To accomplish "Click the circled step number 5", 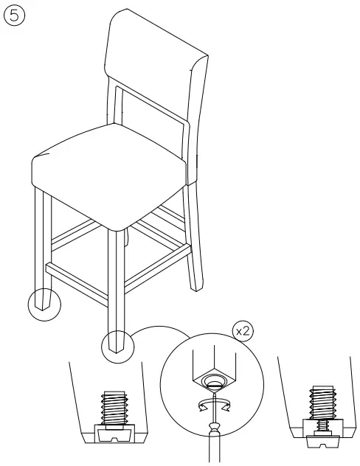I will coord(13,15).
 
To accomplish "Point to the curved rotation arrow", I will coord(212,405).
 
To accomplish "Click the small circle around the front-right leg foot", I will coord(117,343).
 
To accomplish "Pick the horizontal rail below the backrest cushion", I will coord(150,106).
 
